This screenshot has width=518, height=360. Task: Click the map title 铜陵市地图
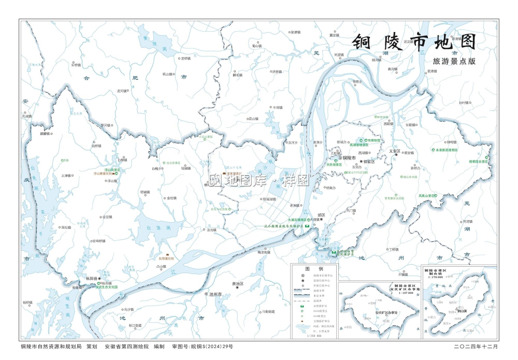414,43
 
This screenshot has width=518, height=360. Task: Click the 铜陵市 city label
350,157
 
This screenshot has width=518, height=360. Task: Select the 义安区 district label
395,151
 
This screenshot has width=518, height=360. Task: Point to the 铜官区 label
369,162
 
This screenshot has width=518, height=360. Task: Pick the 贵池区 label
238,284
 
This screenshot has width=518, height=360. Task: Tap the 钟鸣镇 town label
451,142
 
